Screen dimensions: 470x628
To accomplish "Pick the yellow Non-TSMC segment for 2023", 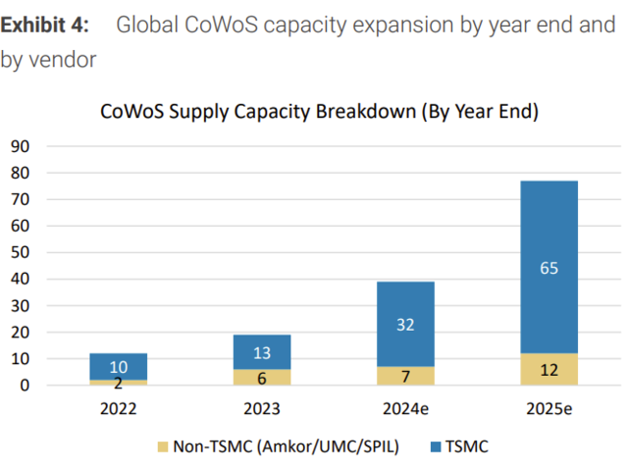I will tap(262, 377).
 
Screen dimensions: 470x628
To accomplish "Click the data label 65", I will tap(549, 267).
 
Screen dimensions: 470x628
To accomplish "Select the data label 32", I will tap(405, 325).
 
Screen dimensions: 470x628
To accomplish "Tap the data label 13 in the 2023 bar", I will tap(262, 352).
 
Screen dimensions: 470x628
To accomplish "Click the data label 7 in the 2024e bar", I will tap(405, 376).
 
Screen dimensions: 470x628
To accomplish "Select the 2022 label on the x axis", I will tap(119, 408).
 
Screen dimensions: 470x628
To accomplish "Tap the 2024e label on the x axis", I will tap(405, 408).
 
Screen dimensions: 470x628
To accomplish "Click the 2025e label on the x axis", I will tap(549, 408).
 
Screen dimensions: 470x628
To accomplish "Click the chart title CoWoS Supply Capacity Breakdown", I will tap(320, 111).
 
